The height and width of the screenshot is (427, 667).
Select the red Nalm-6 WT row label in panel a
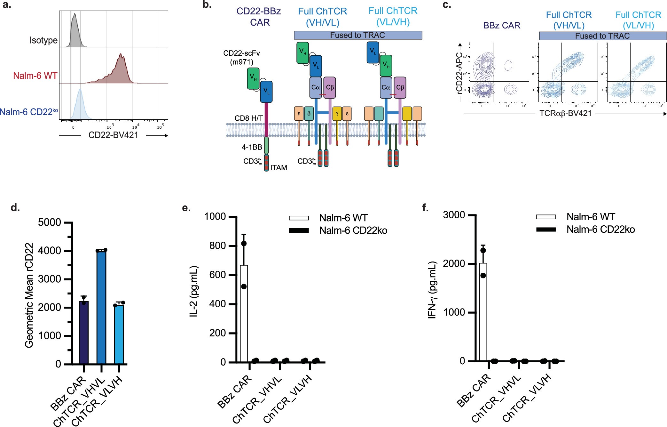(x=35, y=76)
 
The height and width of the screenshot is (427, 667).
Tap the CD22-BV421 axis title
(x=113, y=135)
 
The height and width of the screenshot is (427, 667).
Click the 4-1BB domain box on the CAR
(x=266, y=146)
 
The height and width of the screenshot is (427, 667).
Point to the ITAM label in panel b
(x=279, y=168)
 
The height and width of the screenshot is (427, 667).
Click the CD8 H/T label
(x=248, y=118)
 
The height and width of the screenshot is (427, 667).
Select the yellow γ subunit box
(x=337, y=114)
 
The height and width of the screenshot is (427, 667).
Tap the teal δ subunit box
(x=309, y=114)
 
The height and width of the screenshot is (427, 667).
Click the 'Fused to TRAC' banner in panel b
(x=357, y=35)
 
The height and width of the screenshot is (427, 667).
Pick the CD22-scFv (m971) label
(x=241, y=58)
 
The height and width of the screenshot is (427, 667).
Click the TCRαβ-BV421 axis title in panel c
(x=565, y=114)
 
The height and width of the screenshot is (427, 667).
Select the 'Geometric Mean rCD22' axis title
(x=29, y=295)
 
